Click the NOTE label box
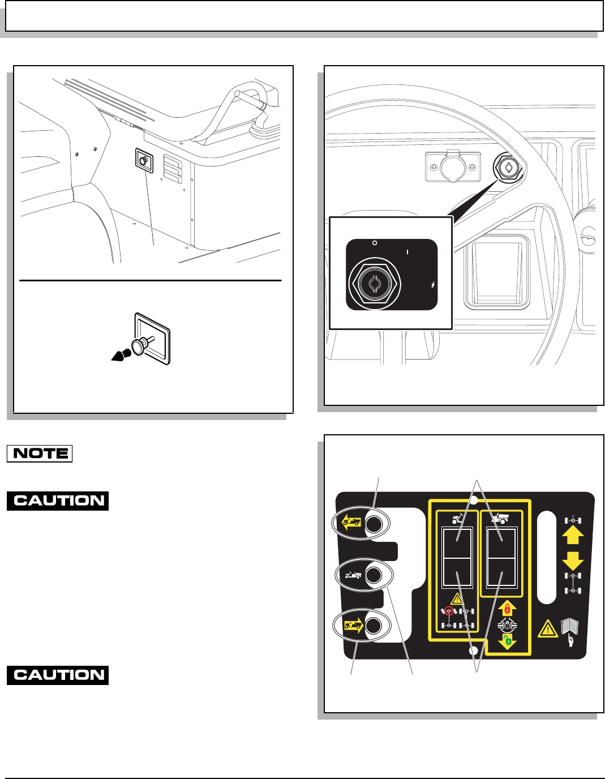point(40,453)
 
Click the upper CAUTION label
point(58,501)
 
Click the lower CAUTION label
point(58,675)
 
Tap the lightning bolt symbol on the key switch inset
point(433,285)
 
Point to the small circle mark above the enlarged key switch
point(374,243)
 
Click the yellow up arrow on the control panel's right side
point(573,535)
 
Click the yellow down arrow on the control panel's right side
point(573,560)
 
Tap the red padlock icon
point(507,609)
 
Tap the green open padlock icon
point(508,641)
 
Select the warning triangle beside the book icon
point(547,628)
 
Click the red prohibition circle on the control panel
point(449,611)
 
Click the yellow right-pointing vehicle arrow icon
point(352,626)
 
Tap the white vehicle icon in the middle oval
point(353,575)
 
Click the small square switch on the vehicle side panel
point(144,161)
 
